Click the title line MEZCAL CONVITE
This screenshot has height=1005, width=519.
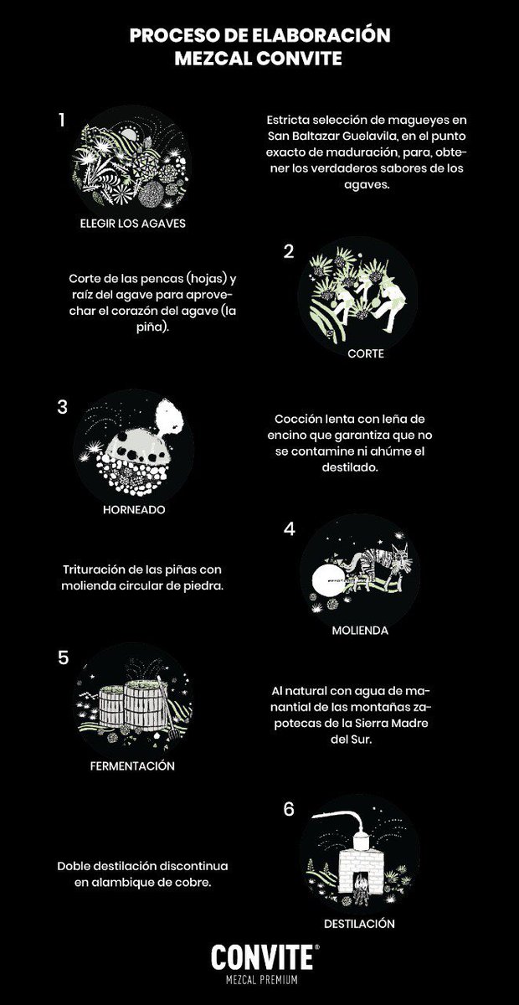(259, 59)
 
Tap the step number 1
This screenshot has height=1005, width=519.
(61, 120)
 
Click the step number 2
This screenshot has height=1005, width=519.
(289, 250)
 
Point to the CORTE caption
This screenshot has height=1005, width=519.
(365, 353)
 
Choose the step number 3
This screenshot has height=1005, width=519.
(62, 407)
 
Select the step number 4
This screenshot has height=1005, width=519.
(289, 529)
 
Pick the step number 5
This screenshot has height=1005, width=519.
(62, 657)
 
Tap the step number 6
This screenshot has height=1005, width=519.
(289, 810)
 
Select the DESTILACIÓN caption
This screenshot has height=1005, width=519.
(357, 924)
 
